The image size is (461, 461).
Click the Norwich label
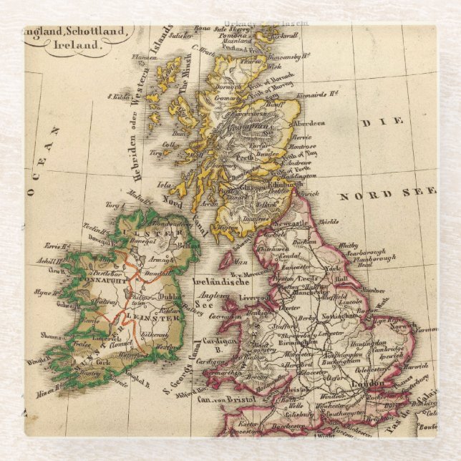[x=405, y=326]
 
